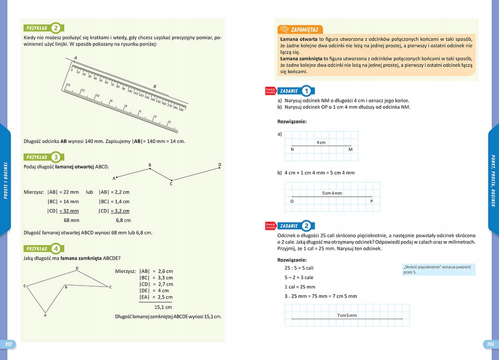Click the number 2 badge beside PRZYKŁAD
pyautogui.click(x=57, y=28)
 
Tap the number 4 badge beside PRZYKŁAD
pyautogui.click(x=57, y=248)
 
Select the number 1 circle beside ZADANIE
pyautogui.click(x=307, y=91)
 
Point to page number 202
pyautogui.click(x=8, y=345)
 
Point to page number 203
pyautogui.click(x=490, y=345)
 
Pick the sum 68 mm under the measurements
pyautogui.click(x=71, y=220)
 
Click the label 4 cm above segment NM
pyautogui.click(x=321, y=142)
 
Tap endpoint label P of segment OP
pyautogui.click(x=372, y=202)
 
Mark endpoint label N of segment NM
pyautogui.click(x=292, y=150)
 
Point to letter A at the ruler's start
pyautogui.click(x=75, y=58)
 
